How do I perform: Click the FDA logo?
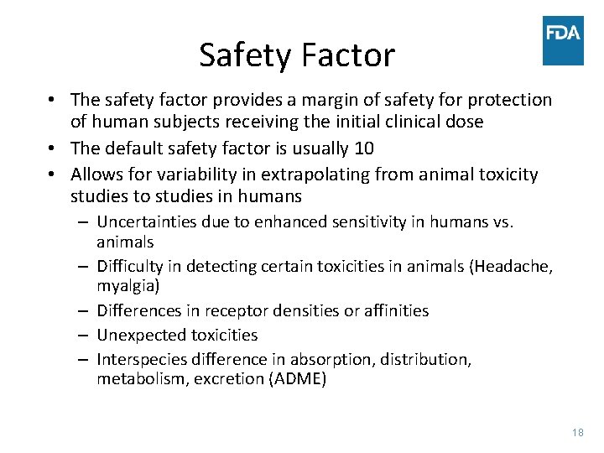[x=563, y=40]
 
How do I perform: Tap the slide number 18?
[x=576, y=432]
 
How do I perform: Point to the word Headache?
[x=510, y=267]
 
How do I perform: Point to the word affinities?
[x=390, y=310]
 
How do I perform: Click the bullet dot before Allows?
[x=52, y=174]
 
